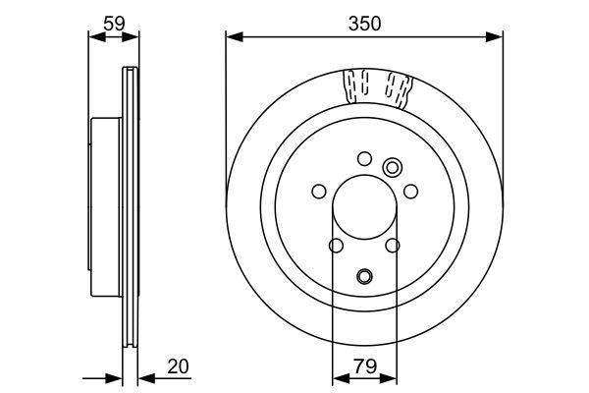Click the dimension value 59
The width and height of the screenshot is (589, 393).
[x=113, y=22]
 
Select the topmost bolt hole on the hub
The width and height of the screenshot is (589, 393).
[x=364, y=157]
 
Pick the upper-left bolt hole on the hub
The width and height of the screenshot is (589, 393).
[x=318, y=192]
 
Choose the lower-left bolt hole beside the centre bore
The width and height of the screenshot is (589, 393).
[x=335, y=246]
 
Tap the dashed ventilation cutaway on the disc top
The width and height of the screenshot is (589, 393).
[x=378, y=88]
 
